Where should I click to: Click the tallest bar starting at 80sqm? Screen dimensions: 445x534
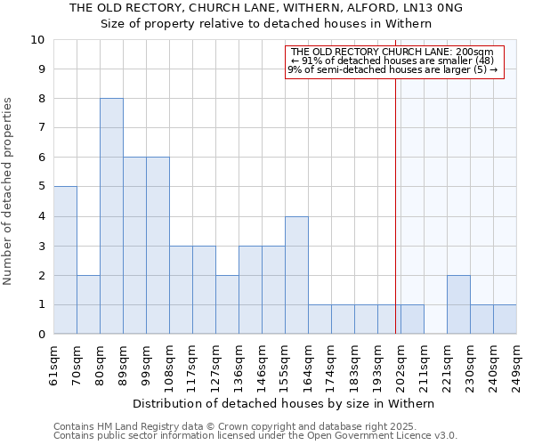click(111, 216)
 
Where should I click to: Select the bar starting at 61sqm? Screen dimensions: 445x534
click(65, 260)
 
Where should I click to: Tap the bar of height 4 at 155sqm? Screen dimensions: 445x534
click(296, 275)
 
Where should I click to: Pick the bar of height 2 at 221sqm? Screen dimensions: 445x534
click(458, 304)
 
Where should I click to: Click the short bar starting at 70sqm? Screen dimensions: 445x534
click(88, 304)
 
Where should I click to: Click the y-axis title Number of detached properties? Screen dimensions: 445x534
click(8, 191)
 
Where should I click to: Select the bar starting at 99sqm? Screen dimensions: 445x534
click(158, 246)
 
